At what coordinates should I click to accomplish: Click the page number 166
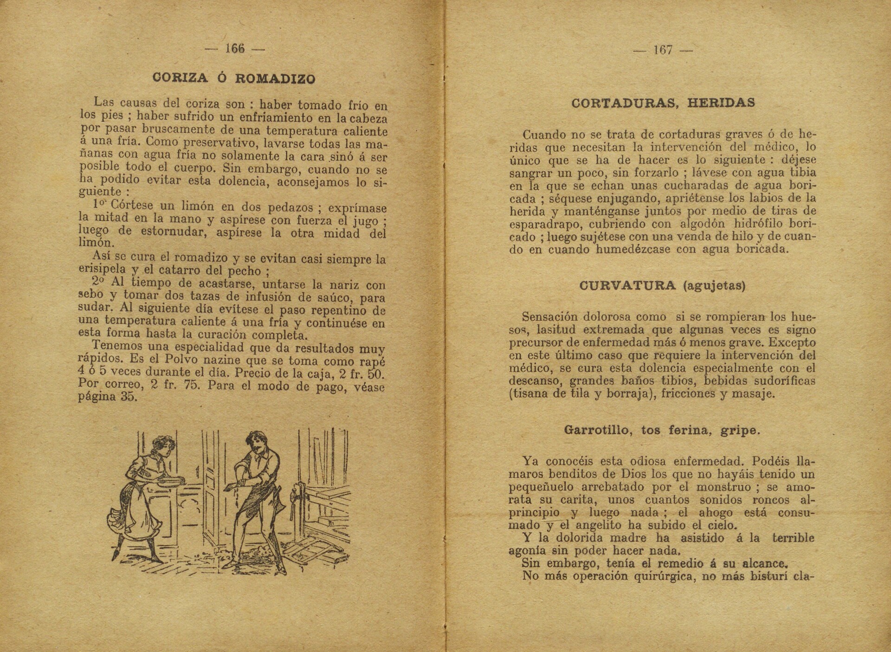click(x=235, y=49)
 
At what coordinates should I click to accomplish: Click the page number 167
click(x=663, y=50)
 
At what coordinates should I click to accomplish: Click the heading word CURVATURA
click(x=627, y=285)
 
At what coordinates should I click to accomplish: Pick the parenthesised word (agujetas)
click(x=714, y=286)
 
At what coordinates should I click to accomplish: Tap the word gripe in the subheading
click(x=741, y=430)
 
